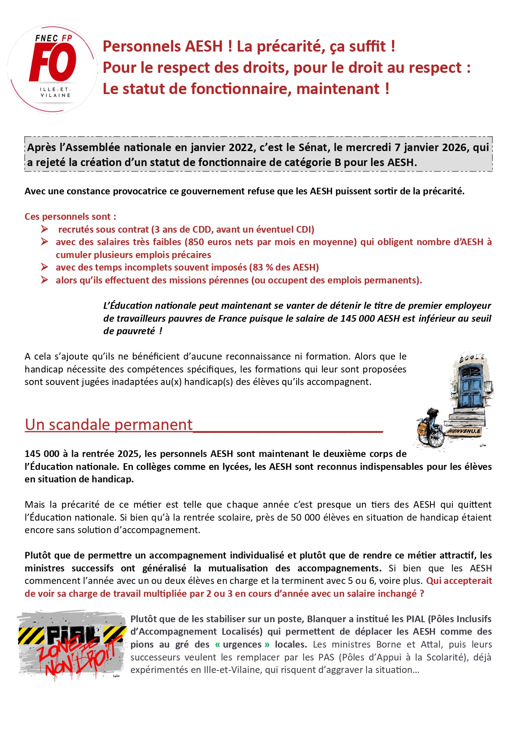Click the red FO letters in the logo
[53, 62]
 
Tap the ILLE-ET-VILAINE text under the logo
[55, 92]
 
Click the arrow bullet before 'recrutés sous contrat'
[45, 229]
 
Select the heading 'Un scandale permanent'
[109, 425]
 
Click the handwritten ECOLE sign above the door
[472, 358]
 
